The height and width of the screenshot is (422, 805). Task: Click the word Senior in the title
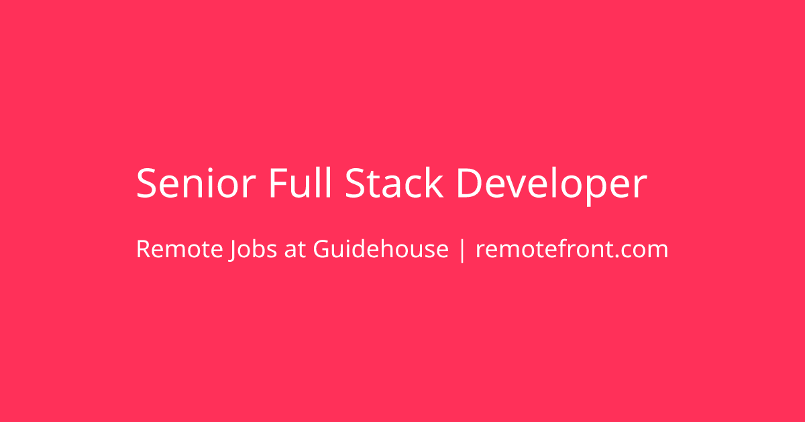[196, 183]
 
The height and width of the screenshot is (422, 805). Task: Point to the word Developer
[552, 186]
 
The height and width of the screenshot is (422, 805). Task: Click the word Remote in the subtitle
[180, 249]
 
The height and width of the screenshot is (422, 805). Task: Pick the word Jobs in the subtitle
[253, 250]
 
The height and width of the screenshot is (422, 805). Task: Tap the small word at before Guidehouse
[295, 250]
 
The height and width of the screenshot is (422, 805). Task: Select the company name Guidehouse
[381, 249]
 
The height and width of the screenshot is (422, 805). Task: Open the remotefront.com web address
[572, 249]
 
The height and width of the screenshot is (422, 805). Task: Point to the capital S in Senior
[147, 183]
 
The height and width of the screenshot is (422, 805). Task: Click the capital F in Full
[279, 183]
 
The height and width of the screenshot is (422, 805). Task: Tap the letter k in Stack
[434, 182]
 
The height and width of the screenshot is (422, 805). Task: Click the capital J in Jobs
[233, 250]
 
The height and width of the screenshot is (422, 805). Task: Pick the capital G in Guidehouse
[323, 249]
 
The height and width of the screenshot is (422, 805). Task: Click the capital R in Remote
[144, 249]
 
